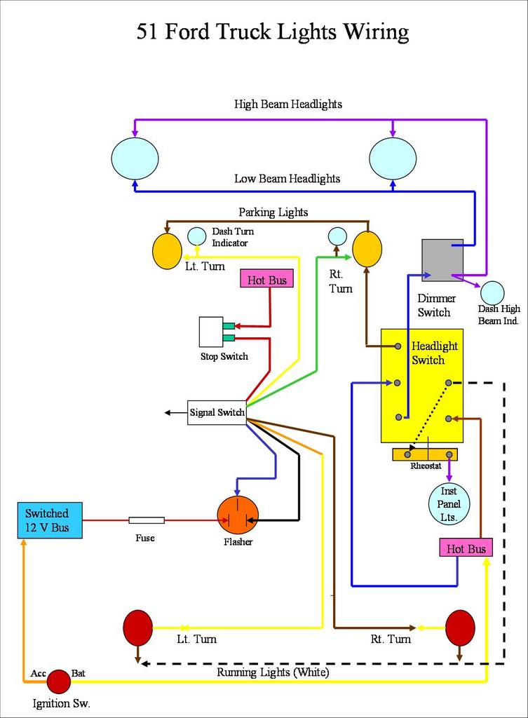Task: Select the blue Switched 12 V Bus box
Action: click(49, 520)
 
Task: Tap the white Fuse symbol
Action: click(147, 520)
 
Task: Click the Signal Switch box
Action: click(217, 412)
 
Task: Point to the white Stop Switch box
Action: click(211, 332)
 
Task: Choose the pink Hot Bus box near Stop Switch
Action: click(267, 280)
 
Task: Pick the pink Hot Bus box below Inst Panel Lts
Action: click(466, 548)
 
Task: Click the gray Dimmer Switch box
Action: click(442, 260)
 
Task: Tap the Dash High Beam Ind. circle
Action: click(492, 293)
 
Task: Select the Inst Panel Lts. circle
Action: click(449, 503)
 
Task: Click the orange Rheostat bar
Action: click(425, 454)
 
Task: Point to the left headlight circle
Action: click(135, 158)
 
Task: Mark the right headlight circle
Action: click(393, 158)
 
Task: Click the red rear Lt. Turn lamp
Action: click(137, 628)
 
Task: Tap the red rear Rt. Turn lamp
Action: click(460, 628)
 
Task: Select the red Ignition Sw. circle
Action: click(59, 681)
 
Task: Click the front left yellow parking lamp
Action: click(167, 251)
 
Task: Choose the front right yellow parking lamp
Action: click(367, 249)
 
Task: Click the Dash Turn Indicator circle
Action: click(197, 236)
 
